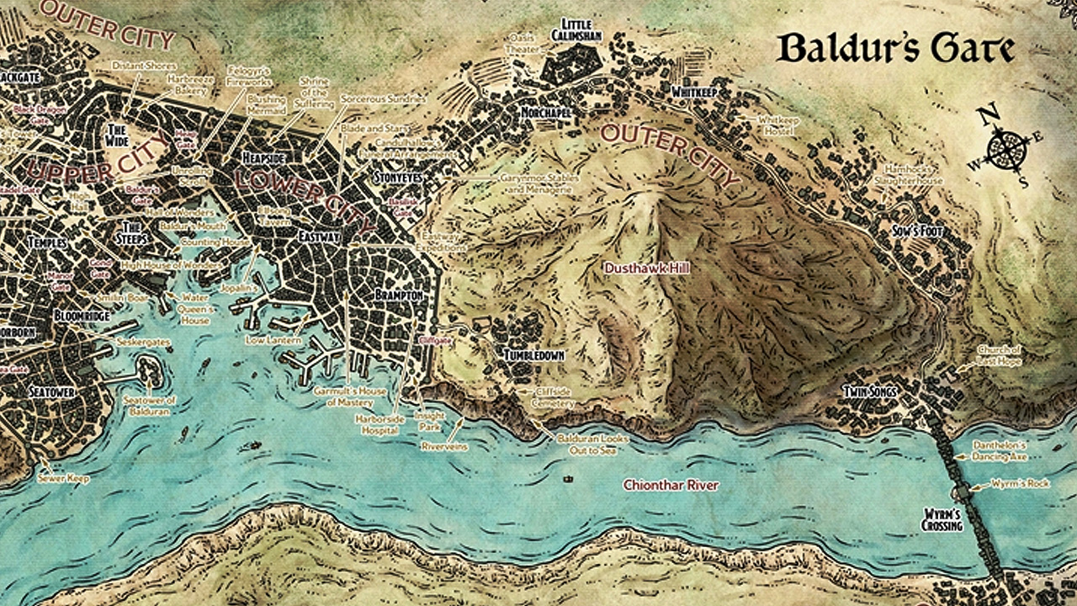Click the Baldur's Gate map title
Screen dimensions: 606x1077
[896, 49]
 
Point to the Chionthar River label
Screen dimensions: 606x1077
[671, 485]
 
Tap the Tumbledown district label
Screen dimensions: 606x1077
[533, 356]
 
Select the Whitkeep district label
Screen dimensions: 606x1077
[693, 92]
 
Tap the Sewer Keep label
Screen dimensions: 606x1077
[63, 477]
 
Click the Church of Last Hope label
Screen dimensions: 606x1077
[998, 354]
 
